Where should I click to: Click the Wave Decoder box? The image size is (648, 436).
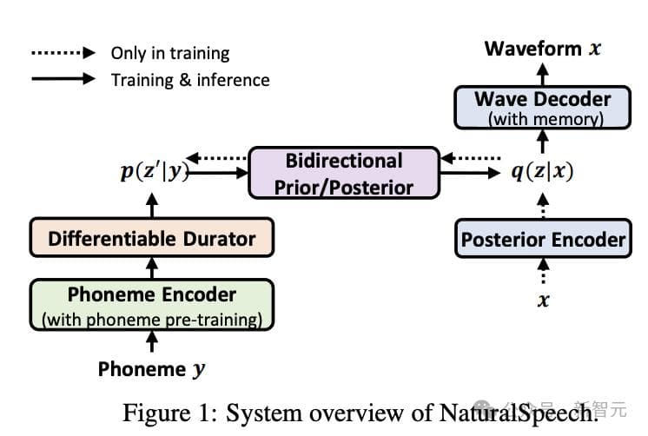542,107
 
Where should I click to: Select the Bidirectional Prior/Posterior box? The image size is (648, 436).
344,173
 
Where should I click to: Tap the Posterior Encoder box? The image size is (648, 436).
543,239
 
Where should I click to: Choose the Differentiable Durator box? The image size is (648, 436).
152,238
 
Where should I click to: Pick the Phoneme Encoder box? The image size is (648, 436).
152,305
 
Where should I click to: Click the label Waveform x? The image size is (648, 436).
542,48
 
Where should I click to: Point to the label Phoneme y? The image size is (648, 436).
151,369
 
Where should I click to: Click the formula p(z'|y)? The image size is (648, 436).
153,172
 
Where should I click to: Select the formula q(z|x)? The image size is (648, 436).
542,172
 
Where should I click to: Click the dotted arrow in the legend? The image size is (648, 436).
63,53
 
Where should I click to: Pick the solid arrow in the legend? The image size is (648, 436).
63,79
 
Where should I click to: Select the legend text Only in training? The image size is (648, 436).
171,53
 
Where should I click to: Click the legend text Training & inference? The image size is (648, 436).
190,80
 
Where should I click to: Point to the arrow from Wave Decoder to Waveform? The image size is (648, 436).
543,74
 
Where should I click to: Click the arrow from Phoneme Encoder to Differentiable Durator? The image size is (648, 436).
153,268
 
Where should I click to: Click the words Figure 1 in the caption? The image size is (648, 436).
161,412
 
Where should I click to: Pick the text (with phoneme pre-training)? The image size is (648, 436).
152,319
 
